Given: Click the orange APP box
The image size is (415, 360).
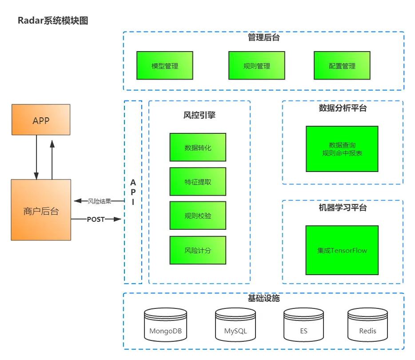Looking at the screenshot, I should click(41, 120).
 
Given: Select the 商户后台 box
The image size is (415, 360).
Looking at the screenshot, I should click(41, 210).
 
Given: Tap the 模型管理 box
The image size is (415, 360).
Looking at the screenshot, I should click(165, 66).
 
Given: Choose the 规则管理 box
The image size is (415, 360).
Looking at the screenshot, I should click(257, 66).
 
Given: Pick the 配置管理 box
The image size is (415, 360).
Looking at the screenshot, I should click(342, 66).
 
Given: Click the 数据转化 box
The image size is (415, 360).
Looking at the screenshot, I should click(198, 147).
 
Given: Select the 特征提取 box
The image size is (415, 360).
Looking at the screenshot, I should click(198, 181).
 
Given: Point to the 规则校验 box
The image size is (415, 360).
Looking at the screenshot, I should click(198, 216).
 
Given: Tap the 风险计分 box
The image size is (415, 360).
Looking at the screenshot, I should click(198, 250).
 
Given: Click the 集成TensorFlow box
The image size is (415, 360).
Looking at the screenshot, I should click(342, 250).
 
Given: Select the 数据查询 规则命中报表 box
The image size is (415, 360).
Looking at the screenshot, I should click(342, 149).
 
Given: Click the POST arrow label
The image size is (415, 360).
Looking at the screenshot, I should click(96, 219).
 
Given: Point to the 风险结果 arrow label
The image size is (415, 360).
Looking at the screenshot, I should click(99, 201).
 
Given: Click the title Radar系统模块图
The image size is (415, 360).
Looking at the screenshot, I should click(53, 20).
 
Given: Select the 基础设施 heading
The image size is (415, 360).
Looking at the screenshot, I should click(263, 298).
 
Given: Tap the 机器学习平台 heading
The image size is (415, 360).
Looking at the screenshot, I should click(343, 207).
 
